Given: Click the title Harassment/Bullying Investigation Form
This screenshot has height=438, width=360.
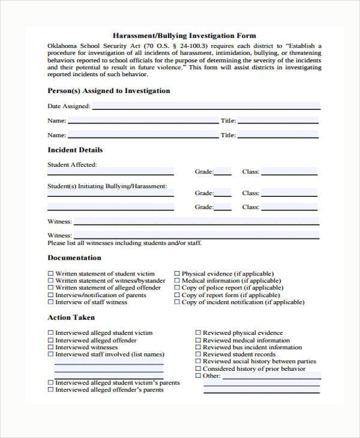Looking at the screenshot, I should pyautogui.click(x=184, y=36).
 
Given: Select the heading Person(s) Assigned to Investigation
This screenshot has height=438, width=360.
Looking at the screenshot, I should pyautogui.click(x=109, y=91).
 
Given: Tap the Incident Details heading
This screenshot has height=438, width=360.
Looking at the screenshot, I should pyautogui.click(x=75, y=150).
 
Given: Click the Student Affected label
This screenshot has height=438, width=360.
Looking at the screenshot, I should pyautogui.click(x=72, y=164).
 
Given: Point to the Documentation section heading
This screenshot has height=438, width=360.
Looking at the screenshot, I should pyautogui.click(x=74, y=258).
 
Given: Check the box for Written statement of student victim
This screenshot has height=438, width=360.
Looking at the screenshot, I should pyautogui.click(x=50, y=274).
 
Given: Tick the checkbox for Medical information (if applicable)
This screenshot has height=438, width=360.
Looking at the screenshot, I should pyautogui.click(x=177, y=281).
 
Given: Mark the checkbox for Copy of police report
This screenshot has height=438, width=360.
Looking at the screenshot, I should pyautogui.click(x=177, y=288).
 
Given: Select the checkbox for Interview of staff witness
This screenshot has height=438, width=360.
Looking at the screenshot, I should pyautogui.click(x=50, y=302).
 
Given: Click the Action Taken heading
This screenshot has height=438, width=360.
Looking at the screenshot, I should pyautogui.click(x=71, y=317).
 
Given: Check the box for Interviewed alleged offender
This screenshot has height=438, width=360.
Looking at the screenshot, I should pyautogui.click(x=50, y=340).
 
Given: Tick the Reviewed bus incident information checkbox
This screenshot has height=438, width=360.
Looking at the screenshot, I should pyautogui.click(x=198, y=347).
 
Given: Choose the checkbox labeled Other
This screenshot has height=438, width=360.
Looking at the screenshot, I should pyautogui.click(x=198, y=376).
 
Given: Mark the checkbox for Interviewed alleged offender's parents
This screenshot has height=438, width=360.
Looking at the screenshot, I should pyautogui.click(x=50, y=390).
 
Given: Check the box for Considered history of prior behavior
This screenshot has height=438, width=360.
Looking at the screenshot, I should pyautogui.click(x=198, y=369).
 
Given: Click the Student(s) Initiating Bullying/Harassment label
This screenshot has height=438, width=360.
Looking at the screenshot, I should pyautogui.click(x=107, y=187).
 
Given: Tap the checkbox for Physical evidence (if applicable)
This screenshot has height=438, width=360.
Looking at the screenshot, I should pyautogui.click(x=177, y=274).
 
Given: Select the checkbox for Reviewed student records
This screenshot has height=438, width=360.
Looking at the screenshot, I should pyautogui.click(x=198, y=355).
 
